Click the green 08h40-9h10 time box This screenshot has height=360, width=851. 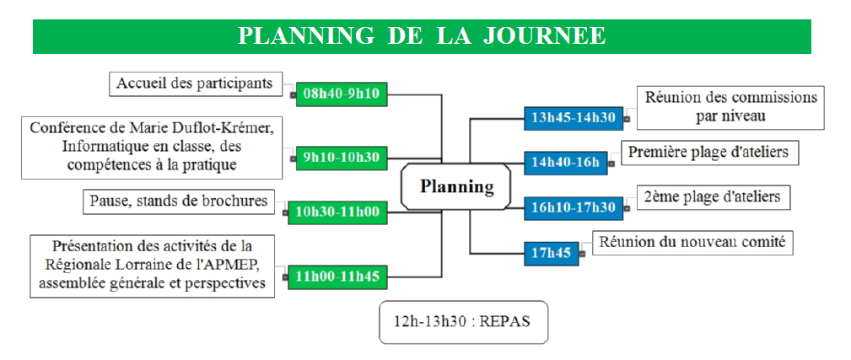coord(342,94)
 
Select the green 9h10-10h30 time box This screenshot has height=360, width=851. coord(342,159)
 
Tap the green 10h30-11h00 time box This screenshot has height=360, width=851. coord(337,212)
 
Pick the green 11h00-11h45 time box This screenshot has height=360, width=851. coord(337,277)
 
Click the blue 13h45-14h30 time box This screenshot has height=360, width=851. coord(574,119)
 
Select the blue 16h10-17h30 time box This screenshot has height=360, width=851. coord(574,208)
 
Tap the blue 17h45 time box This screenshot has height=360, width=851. coord(552,253)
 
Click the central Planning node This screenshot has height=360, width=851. coord(456,186)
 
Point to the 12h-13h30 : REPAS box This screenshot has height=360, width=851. coord(463,322)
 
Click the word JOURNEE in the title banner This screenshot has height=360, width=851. coord(544,36)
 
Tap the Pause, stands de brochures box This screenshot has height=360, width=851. coord(179,201)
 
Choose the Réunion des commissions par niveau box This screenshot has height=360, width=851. coord(730,107)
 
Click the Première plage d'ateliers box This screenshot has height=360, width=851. coord(708,153)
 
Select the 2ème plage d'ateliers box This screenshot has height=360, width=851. coord(712,197)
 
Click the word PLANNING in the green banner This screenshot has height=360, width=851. coord(307,36)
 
